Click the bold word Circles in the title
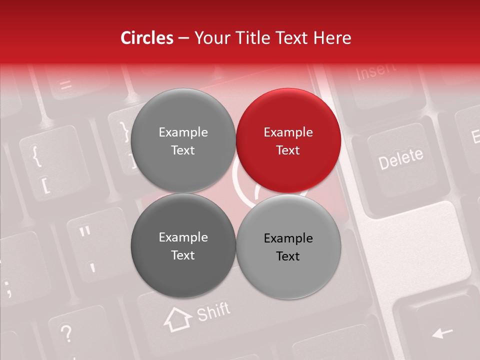147,38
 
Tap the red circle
288,141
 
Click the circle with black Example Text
288,247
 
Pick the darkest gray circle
183,246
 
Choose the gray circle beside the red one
183,141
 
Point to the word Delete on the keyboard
400,158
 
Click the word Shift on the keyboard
213,312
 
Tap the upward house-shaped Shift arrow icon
177,319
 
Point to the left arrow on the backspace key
442,332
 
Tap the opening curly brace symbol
36,155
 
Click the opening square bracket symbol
45,185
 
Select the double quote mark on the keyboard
85,232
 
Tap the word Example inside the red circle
288,132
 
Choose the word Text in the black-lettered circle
288,256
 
